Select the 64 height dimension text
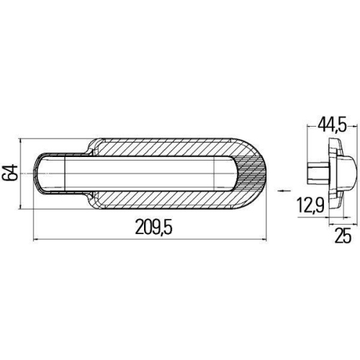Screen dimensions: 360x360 click(x=10, y=173)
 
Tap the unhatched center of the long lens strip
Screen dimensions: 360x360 click(x=144, y=173)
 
